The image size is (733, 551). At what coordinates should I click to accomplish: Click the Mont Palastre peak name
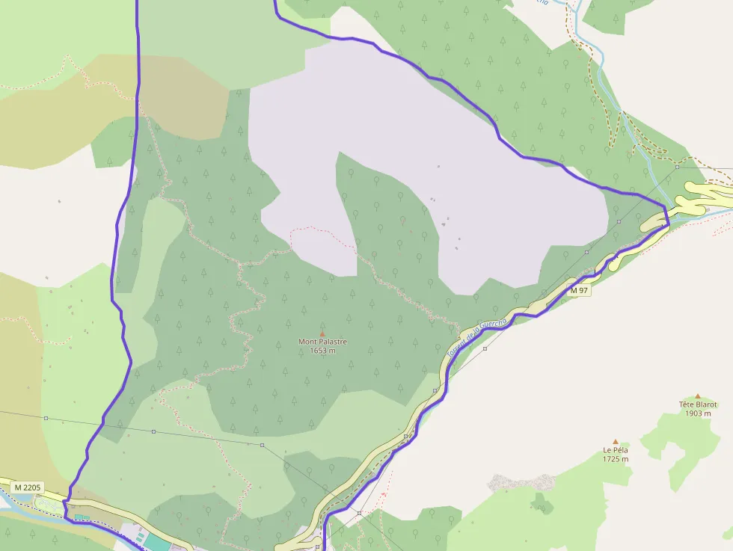(x=323, y=342)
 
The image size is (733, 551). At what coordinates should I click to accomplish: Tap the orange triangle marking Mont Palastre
(x=323, y=333)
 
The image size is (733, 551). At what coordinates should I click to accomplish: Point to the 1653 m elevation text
(x=323, y=351)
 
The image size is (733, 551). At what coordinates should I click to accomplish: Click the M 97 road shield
(x=580, y=290)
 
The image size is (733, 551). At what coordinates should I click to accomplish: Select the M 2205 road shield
(x=27, y=487)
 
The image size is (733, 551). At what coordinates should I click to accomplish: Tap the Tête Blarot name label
(x=698, y=404)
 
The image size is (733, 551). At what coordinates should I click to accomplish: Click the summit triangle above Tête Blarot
(x=698, y=396)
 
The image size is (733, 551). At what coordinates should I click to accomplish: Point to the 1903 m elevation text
(x=698, y=413)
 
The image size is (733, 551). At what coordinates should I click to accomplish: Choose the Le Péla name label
(x=616, y=450)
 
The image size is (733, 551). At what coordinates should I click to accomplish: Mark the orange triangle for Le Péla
(x=616, y=442)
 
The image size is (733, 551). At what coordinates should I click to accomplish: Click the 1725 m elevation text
(x=616, y=459)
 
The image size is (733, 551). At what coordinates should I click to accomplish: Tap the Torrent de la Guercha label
(x=476, y=337)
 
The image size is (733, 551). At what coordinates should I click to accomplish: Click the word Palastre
(x=333, y=342)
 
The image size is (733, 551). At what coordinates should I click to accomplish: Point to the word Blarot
(x=707, y=404)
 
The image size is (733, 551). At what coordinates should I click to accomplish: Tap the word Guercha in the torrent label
(x=494, y=325)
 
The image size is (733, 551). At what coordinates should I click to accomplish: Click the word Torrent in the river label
(x=456, y=348)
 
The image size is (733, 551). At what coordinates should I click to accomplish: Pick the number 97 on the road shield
(x=583, y=290)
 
